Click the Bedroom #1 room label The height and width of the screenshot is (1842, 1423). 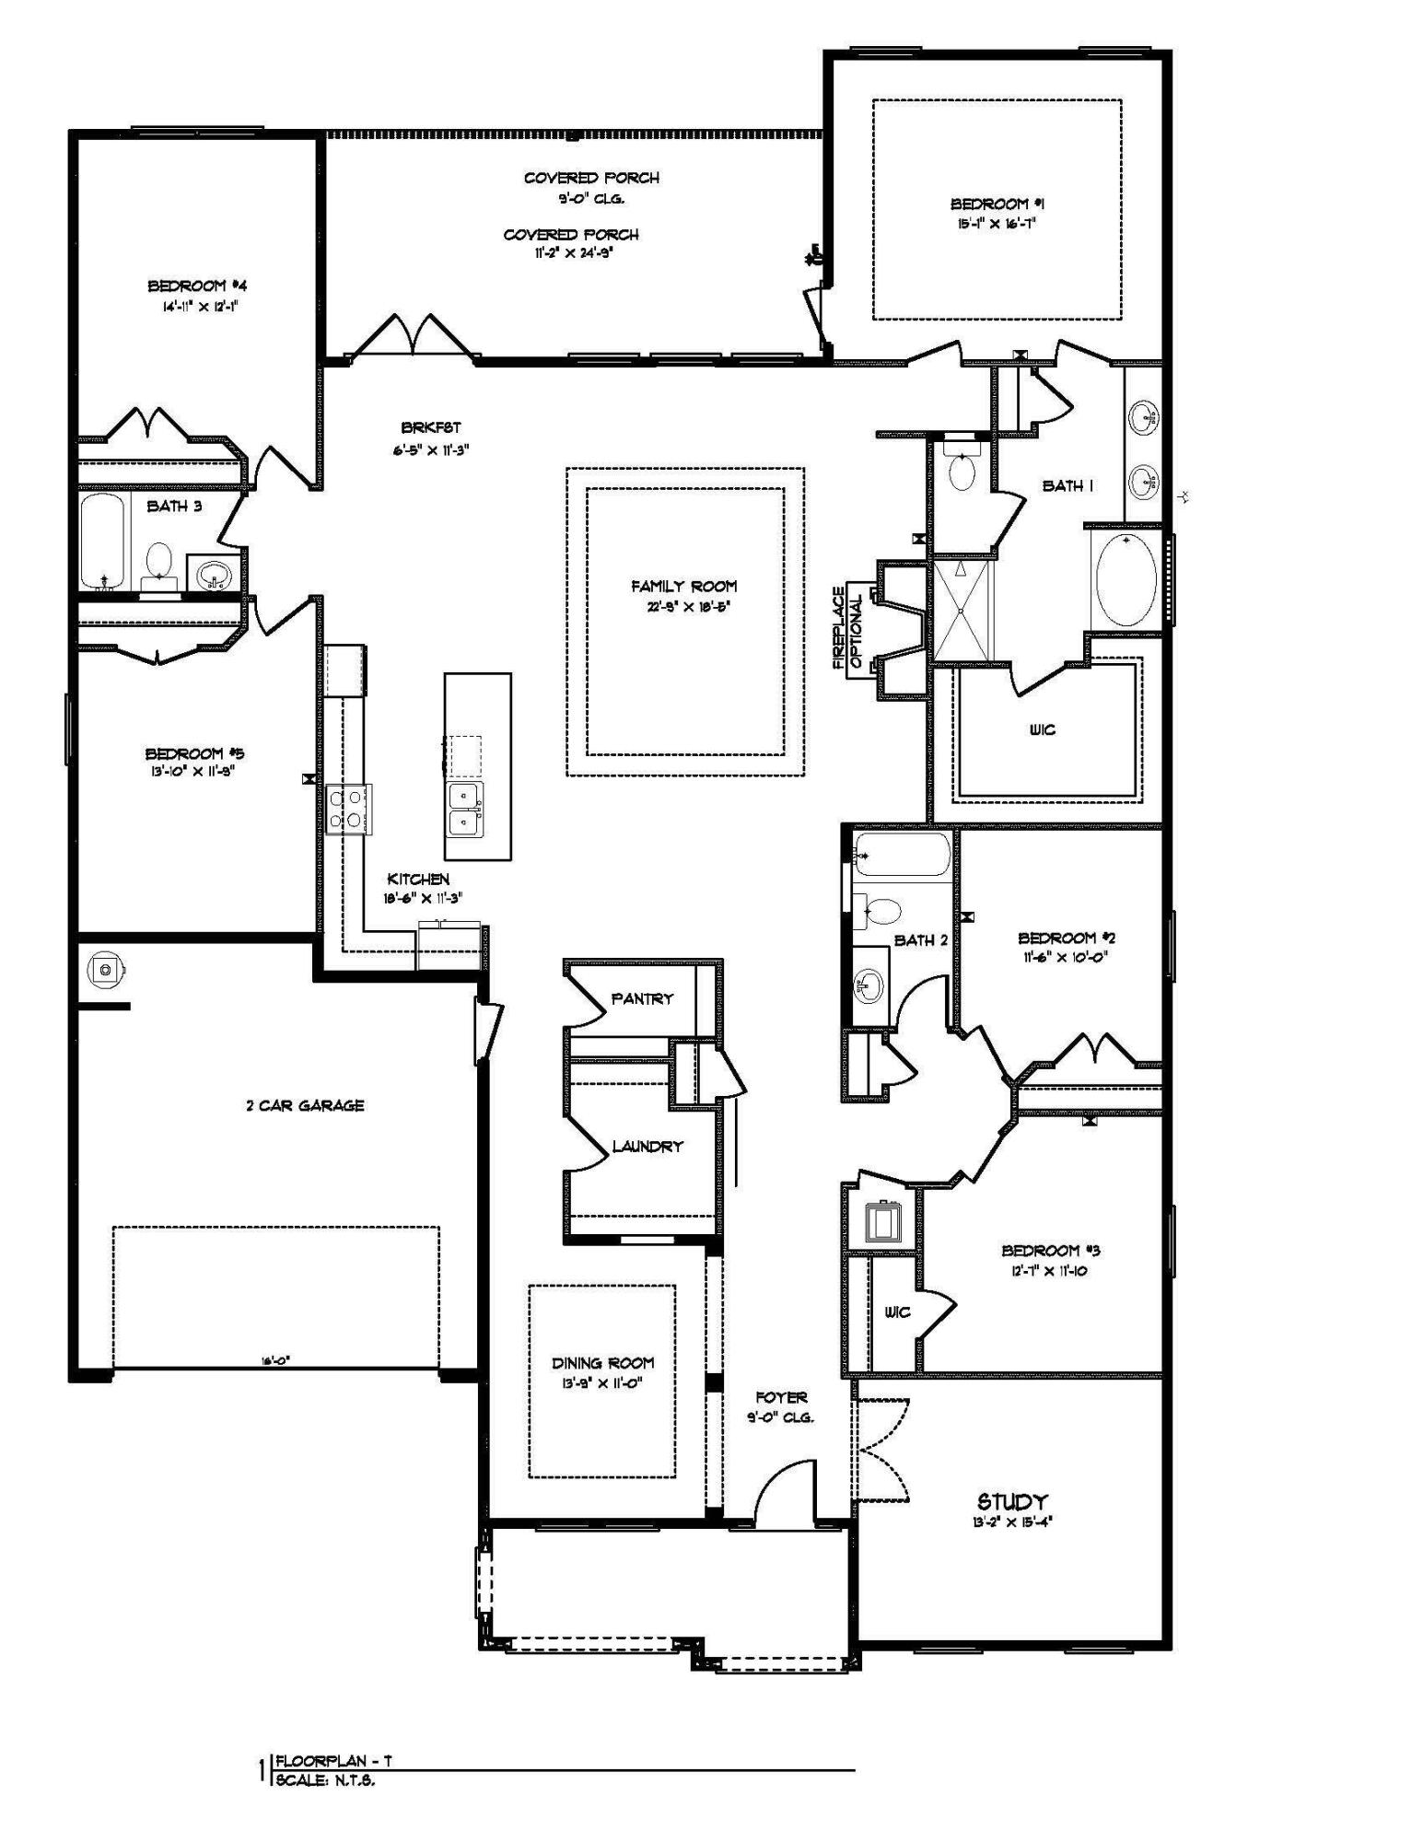click(x=997, y=204)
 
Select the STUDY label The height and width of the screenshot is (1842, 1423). click(x=1011, y=1501)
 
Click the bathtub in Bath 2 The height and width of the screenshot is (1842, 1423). click(x=901, y=855)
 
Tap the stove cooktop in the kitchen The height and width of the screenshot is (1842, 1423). click(x=349, y=809)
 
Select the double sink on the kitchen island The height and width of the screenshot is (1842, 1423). click(x=465, y=808)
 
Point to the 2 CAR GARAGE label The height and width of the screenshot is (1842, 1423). click(x=305, y=1105)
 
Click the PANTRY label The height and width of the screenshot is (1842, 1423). click(x=642, y=998)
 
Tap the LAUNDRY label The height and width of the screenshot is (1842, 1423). click(x=647, y=1147)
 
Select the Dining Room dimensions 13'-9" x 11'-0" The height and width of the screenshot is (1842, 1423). click(x=602, y=1382)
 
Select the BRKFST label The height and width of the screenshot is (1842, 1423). click(x=430, y=428)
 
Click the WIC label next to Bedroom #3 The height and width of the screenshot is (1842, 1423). click(x=896, y=1312)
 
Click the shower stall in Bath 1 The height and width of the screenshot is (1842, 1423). click(x=961, y=609)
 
